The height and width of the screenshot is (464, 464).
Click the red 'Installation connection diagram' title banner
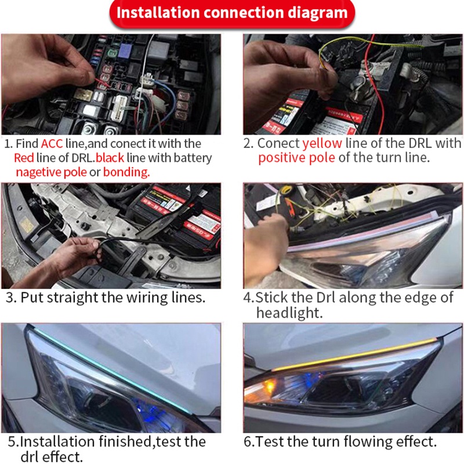(232, 13)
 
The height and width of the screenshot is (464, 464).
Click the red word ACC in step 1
(52, 143)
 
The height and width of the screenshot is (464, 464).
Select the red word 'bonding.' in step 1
(126, 172)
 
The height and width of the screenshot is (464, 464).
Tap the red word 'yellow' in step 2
(322, 143)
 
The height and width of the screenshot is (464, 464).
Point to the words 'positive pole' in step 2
(296, 158)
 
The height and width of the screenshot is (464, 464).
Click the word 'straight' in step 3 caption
(72, 298)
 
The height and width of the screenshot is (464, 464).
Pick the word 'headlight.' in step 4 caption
(289, 313)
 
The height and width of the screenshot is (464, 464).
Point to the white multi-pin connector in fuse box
(119, 108)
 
